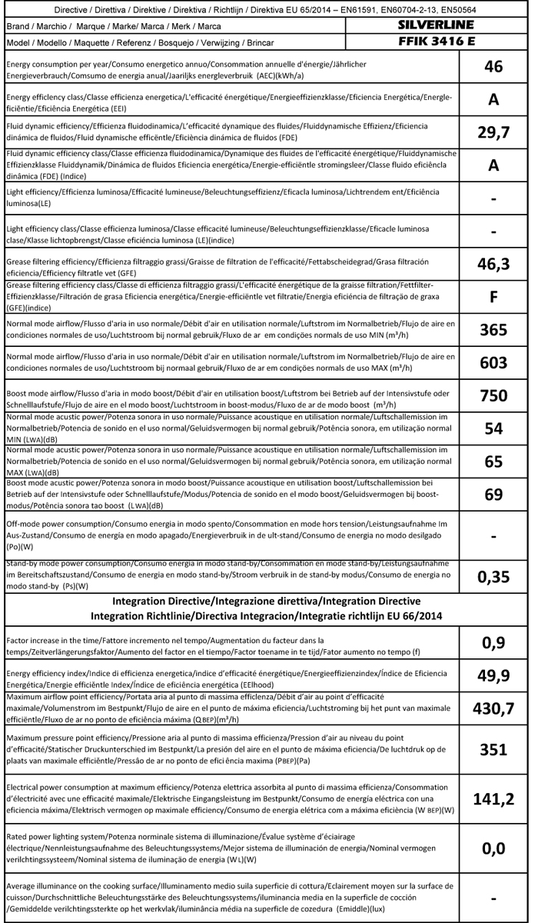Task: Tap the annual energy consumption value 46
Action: tap(493, 67)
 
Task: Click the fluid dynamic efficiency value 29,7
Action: tap(493, 132)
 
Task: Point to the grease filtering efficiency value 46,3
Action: tap(493, 264)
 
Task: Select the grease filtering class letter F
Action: tap(493, 297)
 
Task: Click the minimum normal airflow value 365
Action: tap(493, 330)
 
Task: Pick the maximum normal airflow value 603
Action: tap(493, 363)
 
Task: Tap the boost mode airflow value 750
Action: tap(493, 396)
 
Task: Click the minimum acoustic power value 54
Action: tap(493, 428)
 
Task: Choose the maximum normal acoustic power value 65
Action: tap(493, 461)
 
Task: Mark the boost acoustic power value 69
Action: tap(493, 494)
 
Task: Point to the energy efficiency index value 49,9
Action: tap(493, 675)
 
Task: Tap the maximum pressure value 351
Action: tap(493, 749)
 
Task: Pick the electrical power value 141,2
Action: tap(493, 799)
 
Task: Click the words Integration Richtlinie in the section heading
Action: tap(147, 615)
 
